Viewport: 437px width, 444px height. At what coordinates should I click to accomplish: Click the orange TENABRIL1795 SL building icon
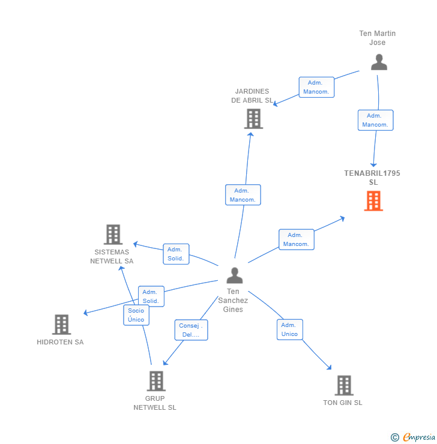[373, 201]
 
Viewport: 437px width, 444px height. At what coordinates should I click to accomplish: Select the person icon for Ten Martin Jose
[379, 62]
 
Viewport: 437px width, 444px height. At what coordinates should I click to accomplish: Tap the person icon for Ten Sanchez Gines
[234, 275]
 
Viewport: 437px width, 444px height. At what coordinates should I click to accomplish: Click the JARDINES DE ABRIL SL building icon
[253, 119]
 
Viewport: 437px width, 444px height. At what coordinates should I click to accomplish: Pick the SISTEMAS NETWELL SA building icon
[113, 235]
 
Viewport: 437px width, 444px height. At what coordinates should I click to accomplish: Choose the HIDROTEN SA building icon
[61, 325]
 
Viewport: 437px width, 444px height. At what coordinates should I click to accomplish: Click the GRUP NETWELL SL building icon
[155, 381]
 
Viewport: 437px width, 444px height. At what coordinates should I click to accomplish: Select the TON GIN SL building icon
[343, 385]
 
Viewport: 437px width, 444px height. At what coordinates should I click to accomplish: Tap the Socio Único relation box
[136, 315]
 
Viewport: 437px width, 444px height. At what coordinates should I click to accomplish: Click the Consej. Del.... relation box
[191, 330]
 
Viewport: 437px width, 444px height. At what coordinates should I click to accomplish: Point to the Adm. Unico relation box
[289, 329]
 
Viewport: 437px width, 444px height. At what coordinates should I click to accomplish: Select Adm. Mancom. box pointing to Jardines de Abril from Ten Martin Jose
[316, 87]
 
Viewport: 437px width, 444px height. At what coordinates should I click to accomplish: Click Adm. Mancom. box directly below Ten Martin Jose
[375, 120]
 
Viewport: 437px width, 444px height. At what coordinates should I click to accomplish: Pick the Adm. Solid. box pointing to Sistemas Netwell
[175, 254]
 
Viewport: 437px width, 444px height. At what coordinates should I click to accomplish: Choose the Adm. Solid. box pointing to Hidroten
[151, 296]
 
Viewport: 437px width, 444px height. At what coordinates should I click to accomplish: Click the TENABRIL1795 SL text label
[372, 178]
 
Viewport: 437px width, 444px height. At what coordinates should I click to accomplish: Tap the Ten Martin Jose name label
[378, 38]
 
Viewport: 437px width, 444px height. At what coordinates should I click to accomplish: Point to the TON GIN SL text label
[343, 403]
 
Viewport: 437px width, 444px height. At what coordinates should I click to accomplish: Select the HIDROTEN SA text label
[60, 342]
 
